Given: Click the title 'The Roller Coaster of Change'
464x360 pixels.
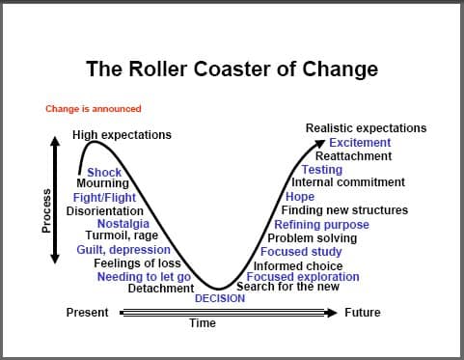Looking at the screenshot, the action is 232,69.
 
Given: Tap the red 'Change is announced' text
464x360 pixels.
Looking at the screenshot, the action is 94,109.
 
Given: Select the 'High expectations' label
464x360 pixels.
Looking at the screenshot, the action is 122,135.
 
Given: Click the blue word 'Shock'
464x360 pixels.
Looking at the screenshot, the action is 104,172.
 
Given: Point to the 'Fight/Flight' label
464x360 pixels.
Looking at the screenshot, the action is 104,197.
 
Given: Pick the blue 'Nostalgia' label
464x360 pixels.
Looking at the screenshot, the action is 123,224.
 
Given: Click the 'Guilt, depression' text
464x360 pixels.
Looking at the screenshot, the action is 123,250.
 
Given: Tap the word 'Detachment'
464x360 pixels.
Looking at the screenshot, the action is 161,288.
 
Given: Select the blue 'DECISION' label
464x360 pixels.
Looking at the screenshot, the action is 220,298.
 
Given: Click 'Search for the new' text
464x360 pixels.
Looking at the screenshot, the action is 287,287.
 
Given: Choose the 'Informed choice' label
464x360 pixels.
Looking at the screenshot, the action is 298,266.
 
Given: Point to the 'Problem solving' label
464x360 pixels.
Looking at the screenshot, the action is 313,238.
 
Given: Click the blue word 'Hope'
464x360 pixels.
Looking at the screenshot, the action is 300,197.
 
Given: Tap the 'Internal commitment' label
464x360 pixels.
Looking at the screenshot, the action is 348,182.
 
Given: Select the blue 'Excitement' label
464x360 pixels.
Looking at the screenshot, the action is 360,143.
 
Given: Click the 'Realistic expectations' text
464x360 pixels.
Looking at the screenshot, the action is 366,128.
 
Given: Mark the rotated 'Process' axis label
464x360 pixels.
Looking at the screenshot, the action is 46,210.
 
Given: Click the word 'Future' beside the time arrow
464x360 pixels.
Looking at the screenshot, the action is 363,313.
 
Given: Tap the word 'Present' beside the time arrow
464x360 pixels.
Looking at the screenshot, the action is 87,313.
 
